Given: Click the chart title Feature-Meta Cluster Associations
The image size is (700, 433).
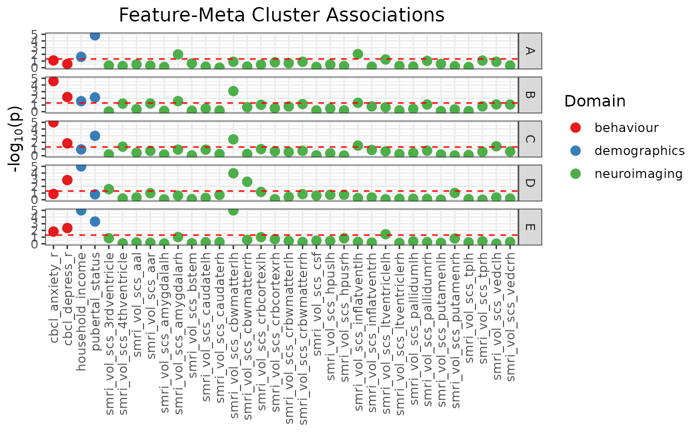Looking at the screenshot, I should [281, 15].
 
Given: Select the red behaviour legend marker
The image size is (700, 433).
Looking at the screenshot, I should [575, 128].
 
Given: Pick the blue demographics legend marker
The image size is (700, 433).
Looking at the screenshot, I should [575, 151].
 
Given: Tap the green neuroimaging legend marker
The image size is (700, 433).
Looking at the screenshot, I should [575, 174].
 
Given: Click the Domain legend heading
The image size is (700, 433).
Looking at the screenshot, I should [594, 101].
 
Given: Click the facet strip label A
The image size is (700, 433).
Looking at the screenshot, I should [530, 51].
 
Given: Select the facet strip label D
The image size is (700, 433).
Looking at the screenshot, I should [530, 183].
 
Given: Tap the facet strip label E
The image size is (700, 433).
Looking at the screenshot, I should [530, 227].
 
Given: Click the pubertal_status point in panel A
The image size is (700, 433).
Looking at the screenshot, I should [95, 35].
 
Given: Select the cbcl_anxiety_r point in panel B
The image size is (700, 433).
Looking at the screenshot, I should [53, 81].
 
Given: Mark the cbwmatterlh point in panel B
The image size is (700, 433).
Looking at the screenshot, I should [233, 91].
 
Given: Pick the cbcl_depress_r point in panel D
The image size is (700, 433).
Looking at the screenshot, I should [67, 180].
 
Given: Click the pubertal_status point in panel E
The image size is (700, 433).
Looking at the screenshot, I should [95, 221].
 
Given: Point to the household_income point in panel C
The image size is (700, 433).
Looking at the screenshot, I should [81, 149].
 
